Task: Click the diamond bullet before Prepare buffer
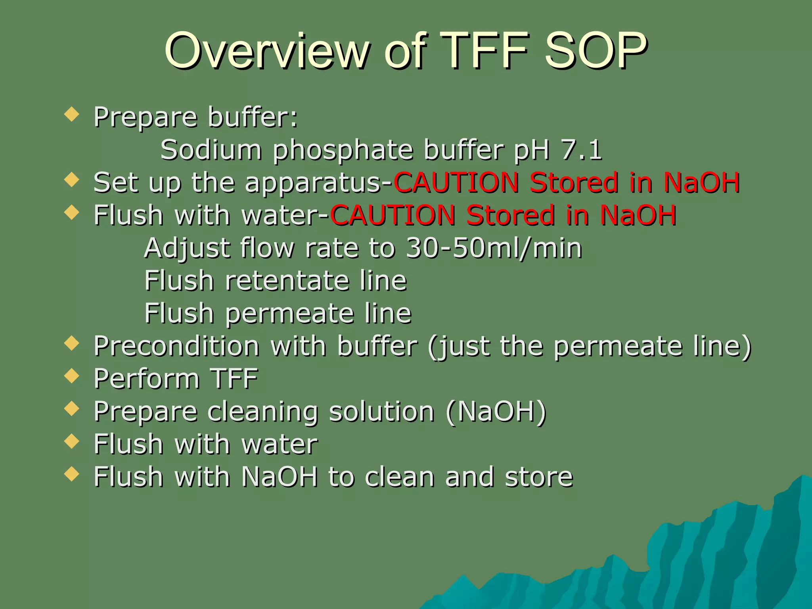pos(72,115)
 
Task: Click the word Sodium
pos(211,150)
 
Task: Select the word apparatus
pos(313,183)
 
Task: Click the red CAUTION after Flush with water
pos(393,215)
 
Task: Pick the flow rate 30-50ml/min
pos(494,248)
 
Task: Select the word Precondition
pos(176,346)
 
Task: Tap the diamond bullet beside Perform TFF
pos(72,375)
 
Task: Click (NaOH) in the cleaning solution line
pos(496,412)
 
